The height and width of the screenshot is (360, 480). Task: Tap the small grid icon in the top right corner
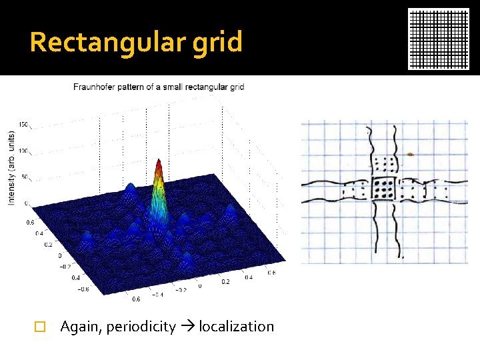439,39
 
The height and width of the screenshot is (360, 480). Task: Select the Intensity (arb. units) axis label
11,167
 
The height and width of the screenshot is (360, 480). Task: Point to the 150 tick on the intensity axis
23,124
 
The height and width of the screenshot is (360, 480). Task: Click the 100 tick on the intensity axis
23,151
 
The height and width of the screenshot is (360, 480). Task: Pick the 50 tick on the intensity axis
25,177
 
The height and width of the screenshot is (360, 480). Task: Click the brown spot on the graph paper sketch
410,154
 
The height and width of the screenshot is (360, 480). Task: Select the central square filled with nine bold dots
384,190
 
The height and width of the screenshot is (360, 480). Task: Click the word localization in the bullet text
237,327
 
